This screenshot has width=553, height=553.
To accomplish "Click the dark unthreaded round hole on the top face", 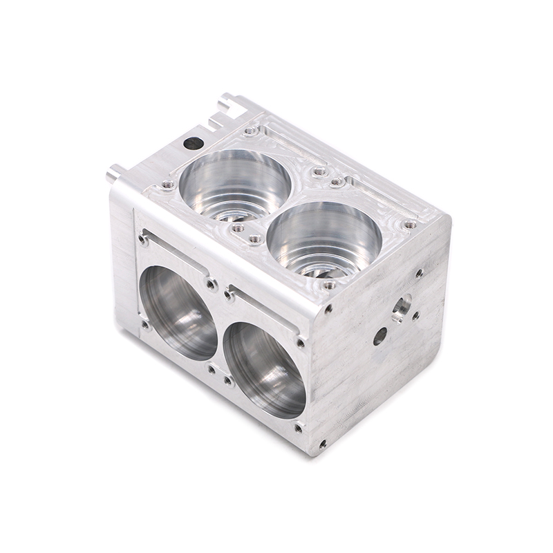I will [x=191, y=144].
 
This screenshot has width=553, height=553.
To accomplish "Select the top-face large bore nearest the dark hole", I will [x=235, y=181].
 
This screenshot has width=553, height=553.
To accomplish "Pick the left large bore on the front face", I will [x=178, y=312].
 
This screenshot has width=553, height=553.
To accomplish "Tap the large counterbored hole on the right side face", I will [x=400, y=307].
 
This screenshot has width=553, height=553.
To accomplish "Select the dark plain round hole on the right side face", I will [x=379, y=336].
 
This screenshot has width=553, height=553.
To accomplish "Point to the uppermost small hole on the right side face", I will [x=419, y=273].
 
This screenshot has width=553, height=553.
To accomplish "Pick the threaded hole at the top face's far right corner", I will [x=410, y=225].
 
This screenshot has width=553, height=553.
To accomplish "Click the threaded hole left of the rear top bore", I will [x=167, y=184].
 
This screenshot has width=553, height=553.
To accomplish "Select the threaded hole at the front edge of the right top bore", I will [x=330, y=284].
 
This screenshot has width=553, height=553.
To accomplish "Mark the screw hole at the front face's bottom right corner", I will [x=299, y=428].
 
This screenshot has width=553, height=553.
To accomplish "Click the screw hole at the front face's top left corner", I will [x=142, y=239].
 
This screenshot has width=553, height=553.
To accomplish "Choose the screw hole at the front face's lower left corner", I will [x=144, y=324].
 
